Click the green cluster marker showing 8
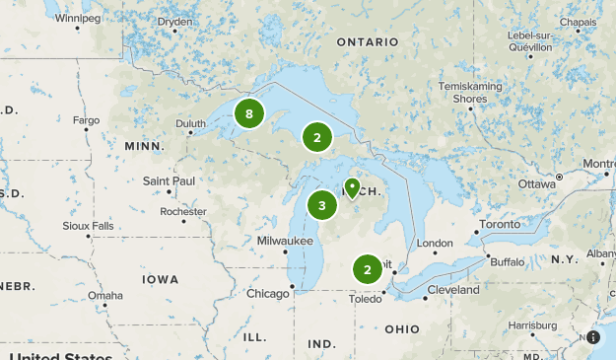(x=249, y=114)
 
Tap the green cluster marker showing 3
(x=321, y=206)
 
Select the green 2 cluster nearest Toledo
(x=368, y=269)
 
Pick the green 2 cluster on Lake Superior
(x=316, y=138)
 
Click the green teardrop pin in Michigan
(x=352, y=187)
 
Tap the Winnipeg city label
(x=78, y=18)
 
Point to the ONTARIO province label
(x=367, y=42)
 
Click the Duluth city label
(x=190, y=123)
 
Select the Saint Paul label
(x=169, y=180)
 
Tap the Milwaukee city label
(x=284, y=241)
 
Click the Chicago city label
(x=268, y=293)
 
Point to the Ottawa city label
(x=537, y=183)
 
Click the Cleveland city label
(x=453, y=290)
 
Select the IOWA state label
(x=160, y=280)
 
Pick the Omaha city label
(x=104, y=295)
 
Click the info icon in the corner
(x=593, y=337)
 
